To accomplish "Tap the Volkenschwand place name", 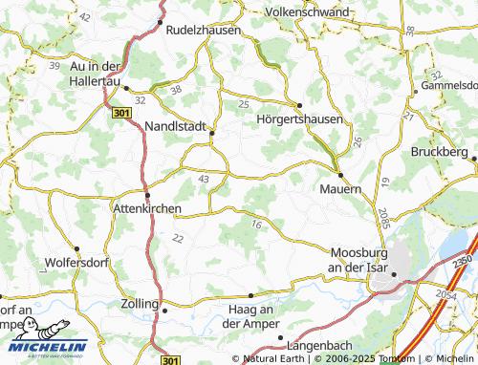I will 308,11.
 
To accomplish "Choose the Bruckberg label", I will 441,153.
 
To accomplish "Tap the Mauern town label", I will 339,189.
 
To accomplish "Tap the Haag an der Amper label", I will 252,314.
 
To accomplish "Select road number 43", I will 203,179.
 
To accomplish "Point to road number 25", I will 243,103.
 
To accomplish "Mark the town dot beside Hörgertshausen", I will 299,105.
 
